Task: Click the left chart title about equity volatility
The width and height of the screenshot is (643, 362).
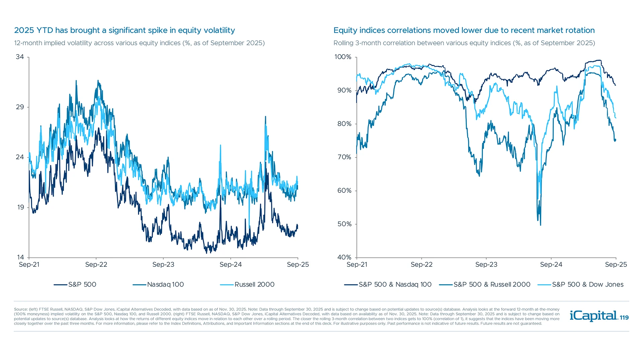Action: (124, 30)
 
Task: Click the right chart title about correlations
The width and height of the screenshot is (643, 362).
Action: (464, 30)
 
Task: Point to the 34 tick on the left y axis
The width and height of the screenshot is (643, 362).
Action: (20, 57)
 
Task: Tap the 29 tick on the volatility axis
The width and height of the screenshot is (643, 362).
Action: (20, 107)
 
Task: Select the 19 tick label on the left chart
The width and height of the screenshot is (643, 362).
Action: (20, 207)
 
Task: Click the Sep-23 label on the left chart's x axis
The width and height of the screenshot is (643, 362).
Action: (163, 264)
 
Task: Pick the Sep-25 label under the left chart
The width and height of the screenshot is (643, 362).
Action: (298, 264)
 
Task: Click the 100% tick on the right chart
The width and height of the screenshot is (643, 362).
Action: (343, 57)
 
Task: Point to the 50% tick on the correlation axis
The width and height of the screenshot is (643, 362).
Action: (344, 224)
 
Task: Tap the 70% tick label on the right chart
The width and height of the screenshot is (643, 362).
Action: (344, 157)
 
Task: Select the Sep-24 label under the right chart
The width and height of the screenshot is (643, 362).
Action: (551, 264)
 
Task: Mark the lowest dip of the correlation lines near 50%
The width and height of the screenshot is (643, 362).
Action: (541, 225)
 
